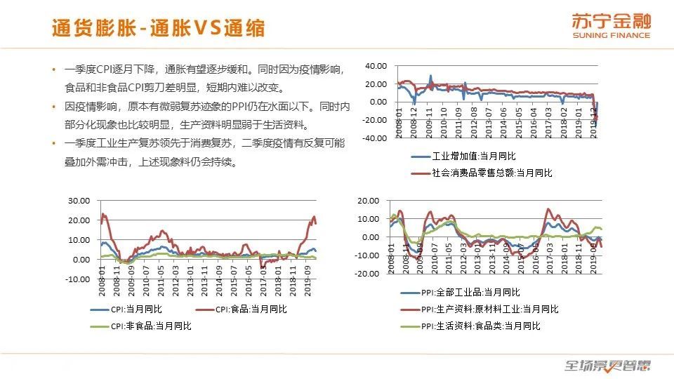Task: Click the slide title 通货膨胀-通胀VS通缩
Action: click(159, 27)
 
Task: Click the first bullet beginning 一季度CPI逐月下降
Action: click(204, 69)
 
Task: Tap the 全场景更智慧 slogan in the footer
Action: click(608, 365)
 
